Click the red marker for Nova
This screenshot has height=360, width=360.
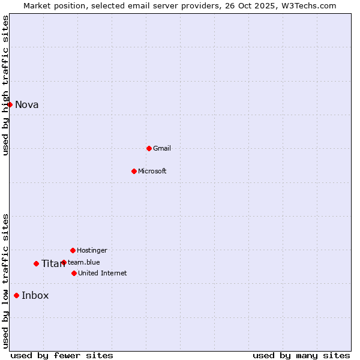click(10, 104)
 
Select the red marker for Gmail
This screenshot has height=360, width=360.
click(149, 148)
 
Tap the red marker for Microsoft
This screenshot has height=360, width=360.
click(134, 171)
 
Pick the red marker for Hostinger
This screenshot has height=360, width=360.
click(73, 250)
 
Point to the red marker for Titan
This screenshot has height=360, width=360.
click(36, 263)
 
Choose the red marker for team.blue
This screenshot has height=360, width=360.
click(64, 262)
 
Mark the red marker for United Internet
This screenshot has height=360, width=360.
click(74, 273)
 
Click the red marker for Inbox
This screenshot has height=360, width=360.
click(16, 295)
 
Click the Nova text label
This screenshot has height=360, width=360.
click(27, 105)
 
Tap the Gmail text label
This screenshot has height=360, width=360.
click(162, 148)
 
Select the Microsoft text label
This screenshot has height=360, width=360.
click(152, 171)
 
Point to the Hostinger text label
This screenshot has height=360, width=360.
click(92, 250)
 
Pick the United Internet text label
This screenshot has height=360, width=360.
click(103, 273)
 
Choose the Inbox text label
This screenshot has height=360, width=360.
click(35, 295)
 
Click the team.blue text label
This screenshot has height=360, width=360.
click(84, 262)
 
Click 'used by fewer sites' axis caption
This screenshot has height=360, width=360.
click(62, 355)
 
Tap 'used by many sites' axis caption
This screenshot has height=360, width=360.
click(301, 355)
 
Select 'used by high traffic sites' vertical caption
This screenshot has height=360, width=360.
click(5, 85)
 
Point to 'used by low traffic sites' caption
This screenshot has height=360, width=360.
click(5, 281)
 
